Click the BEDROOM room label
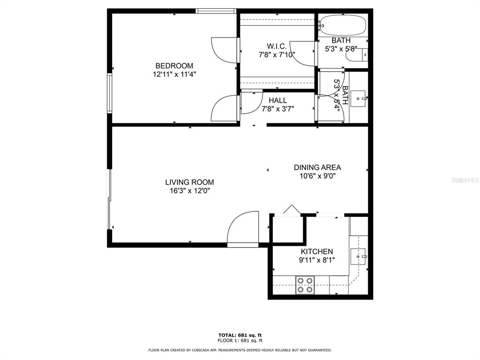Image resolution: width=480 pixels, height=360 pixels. click(x=174, y=66)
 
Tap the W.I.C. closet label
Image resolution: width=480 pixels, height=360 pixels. click(x=277, y=46)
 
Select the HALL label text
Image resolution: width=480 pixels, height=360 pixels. click(x=278, y=100)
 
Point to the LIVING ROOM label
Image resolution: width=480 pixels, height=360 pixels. click(x=189, y=182)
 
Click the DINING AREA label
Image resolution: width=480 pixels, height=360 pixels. click(x=317, y=167)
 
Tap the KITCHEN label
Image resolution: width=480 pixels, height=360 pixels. click(x=317, y=252)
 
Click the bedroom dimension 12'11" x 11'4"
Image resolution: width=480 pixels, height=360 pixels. click(x=174, y=75)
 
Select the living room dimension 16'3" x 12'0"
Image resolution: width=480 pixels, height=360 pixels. click(x=190, y=191)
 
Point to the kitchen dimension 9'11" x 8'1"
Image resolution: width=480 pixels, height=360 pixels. click(x=317, y=260)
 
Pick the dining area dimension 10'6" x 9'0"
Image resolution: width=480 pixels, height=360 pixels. click(x=318, y=176)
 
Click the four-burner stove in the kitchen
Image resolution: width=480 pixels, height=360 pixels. click(x=305, y=285)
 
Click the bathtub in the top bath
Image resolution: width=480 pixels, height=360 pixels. click(x=343, y=25)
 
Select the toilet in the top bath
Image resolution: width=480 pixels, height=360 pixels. click(x=357, y=55)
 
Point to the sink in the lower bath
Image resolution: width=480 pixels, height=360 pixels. click(x=358, y=98)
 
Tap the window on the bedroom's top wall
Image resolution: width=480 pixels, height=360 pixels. click(x=216, y=11)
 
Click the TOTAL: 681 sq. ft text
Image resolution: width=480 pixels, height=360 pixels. click(x=240, y=335)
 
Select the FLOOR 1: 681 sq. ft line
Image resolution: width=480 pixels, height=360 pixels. click(x=240, y=340)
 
